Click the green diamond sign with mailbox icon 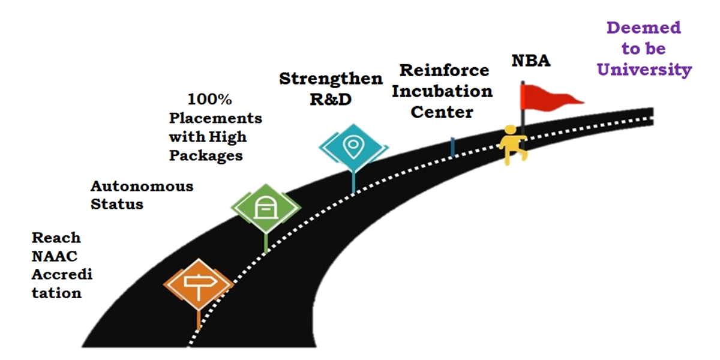coord(265,207)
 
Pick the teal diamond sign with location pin coord(352,146)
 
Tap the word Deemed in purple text coord(644,28)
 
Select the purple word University coord(644,70)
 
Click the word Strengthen coord(331,79)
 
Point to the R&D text coord(330,99)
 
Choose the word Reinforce coord(444,70)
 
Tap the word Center coord(442,112)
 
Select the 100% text coord(210,98)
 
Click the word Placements coord(215,118)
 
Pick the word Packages coord(206,155)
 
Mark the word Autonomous coord(142,186)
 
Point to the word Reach coord(56,238)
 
